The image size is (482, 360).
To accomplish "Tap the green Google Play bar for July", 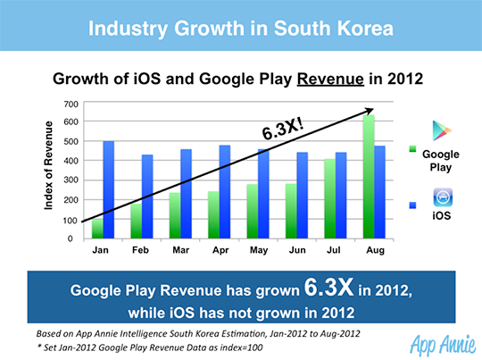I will click(329, 198).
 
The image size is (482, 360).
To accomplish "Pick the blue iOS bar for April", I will click(225, 192).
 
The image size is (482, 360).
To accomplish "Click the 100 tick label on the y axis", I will click(71, 220).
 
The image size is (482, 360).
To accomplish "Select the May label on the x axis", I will click(258, 250).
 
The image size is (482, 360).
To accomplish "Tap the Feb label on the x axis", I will click(140, 250).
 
